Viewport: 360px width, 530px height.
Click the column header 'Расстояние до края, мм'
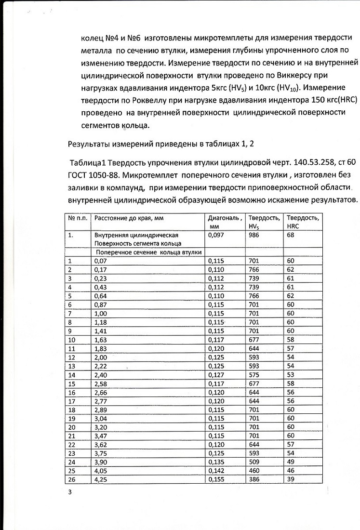point(129,218)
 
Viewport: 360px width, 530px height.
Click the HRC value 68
point(291,235)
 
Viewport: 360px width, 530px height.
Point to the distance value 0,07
point(100,261)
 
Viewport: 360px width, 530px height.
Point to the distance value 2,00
point(100,357)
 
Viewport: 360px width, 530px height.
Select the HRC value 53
point(291,374)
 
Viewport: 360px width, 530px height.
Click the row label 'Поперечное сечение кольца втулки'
point(148,252)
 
